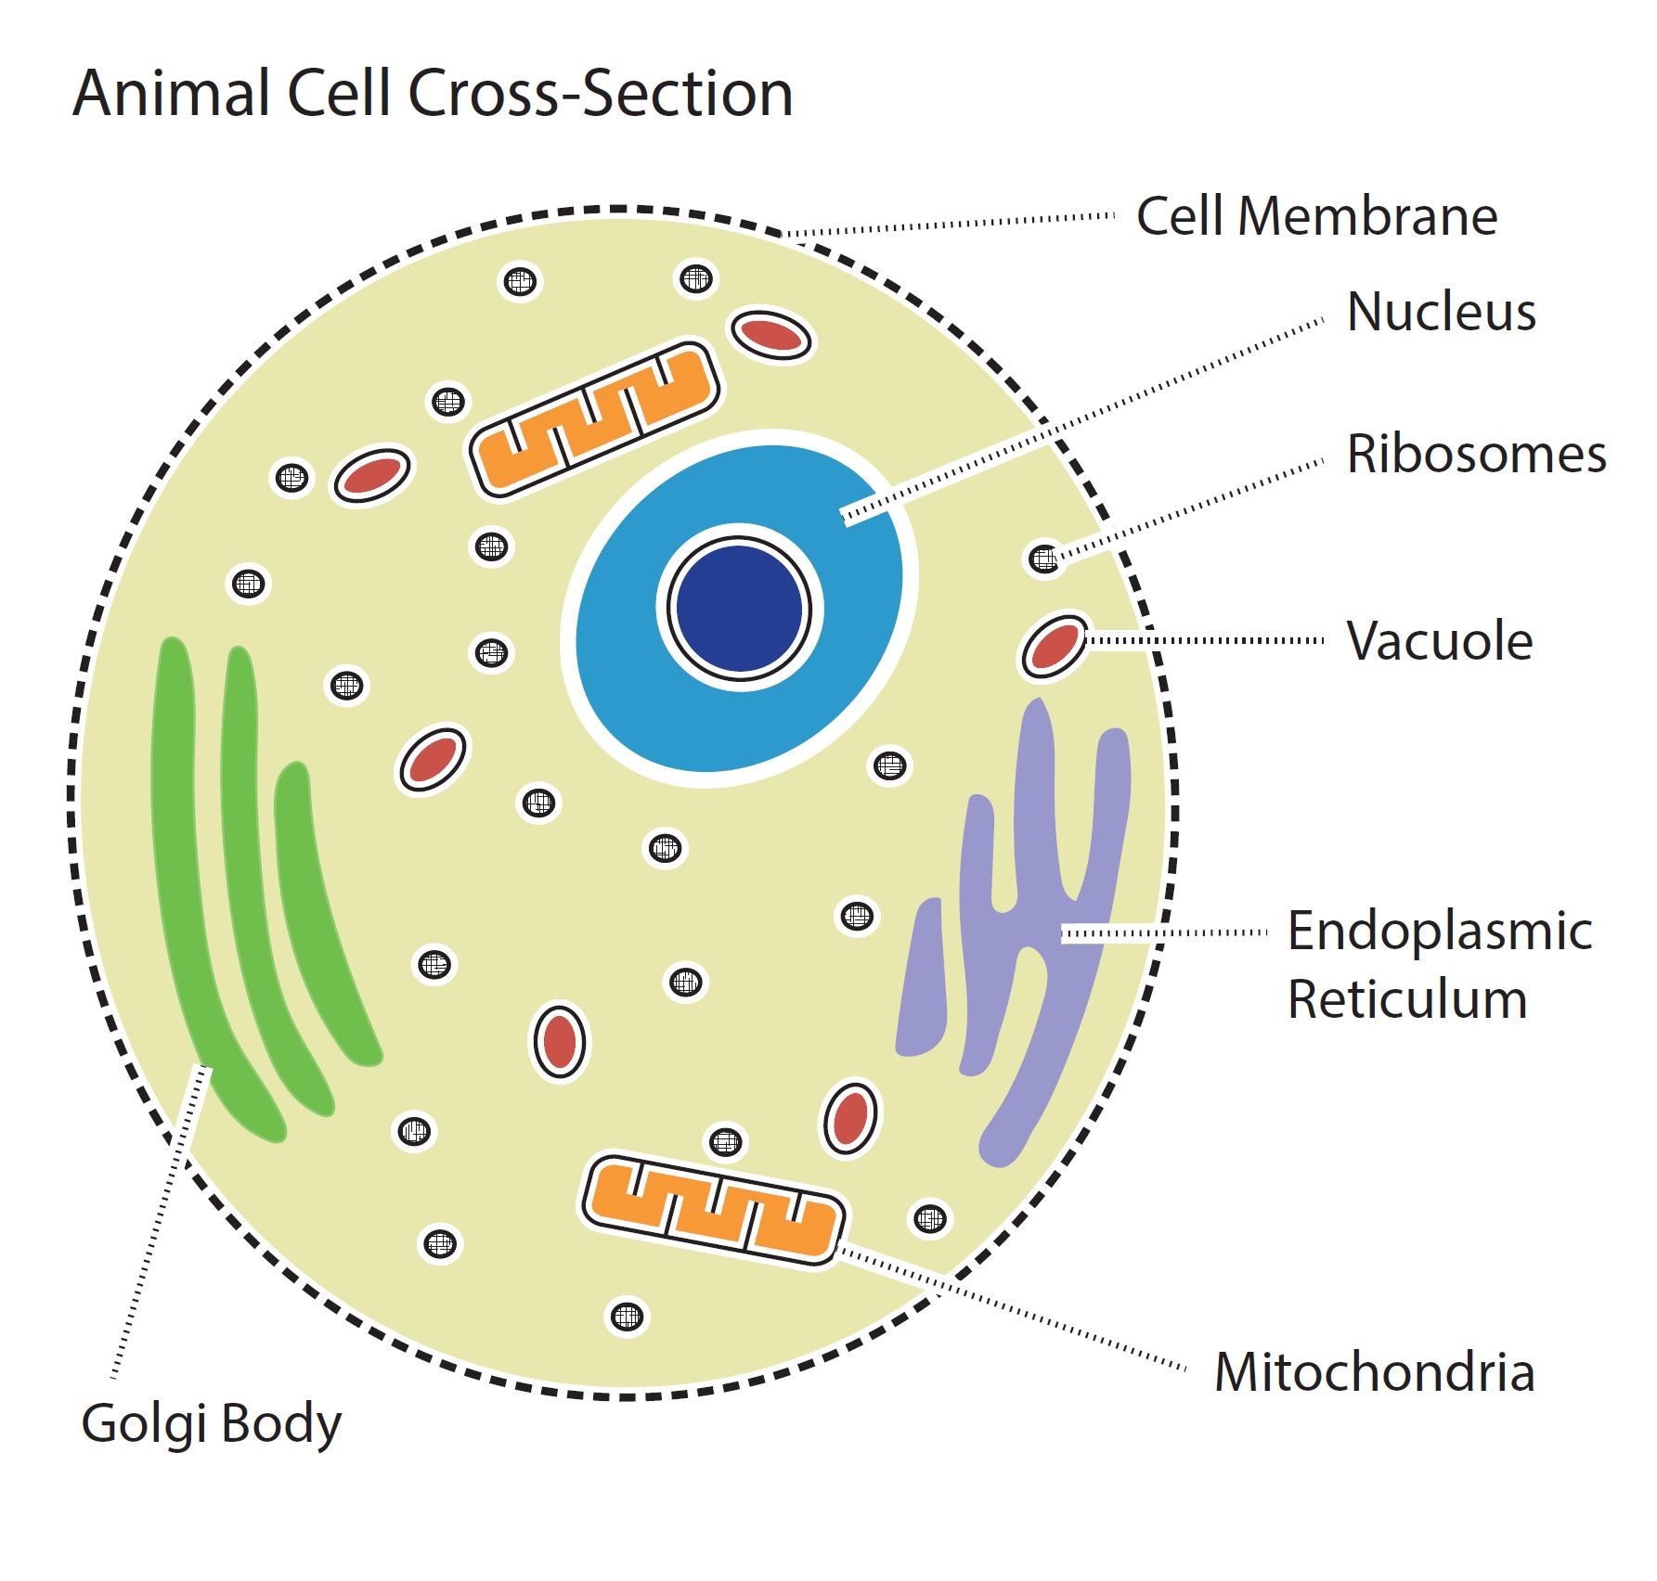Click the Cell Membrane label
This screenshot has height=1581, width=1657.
click(1316, 217)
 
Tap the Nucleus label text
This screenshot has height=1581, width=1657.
click(1441, 312)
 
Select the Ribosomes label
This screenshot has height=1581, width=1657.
click(1476, 455)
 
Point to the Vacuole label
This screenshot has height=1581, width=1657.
click(1439, 641)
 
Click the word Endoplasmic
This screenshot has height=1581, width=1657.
click(1439, 932)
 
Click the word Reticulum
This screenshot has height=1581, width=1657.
click(1406, 1000)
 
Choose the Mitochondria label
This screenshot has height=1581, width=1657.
click(1374, 1372)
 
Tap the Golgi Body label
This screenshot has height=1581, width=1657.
click(212, 1424)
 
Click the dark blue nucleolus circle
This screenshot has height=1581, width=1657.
click(739, 609)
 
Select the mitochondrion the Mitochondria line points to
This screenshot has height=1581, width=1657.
click(713, 1208)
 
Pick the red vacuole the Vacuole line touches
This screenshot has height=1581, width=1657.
click(1055, 647)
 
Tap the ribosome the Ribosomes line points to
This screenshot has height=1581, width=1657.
click(1044, 559)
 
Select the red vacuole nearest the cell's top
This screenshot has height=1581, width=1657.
click(770, 336)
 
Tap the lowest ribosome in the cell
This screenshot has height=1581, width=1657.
click(628, 1316)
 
